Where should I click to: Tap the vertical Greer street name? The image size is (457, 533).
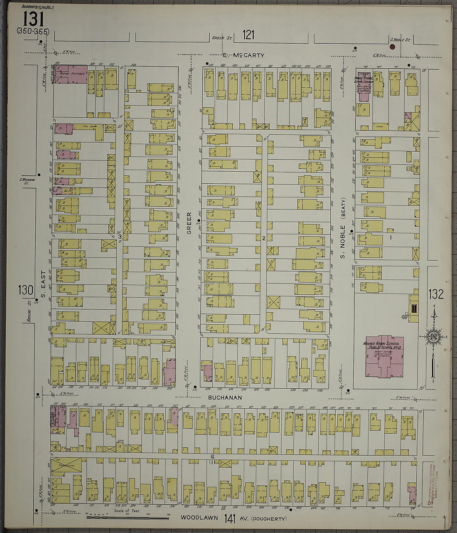(189, 223)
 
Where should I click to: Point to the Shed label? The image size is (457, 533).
(379, 125)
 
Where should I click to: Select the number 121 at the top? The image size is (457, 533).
(248, 35)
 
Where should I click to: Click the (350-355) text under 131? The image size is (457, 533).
(33, 31)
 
